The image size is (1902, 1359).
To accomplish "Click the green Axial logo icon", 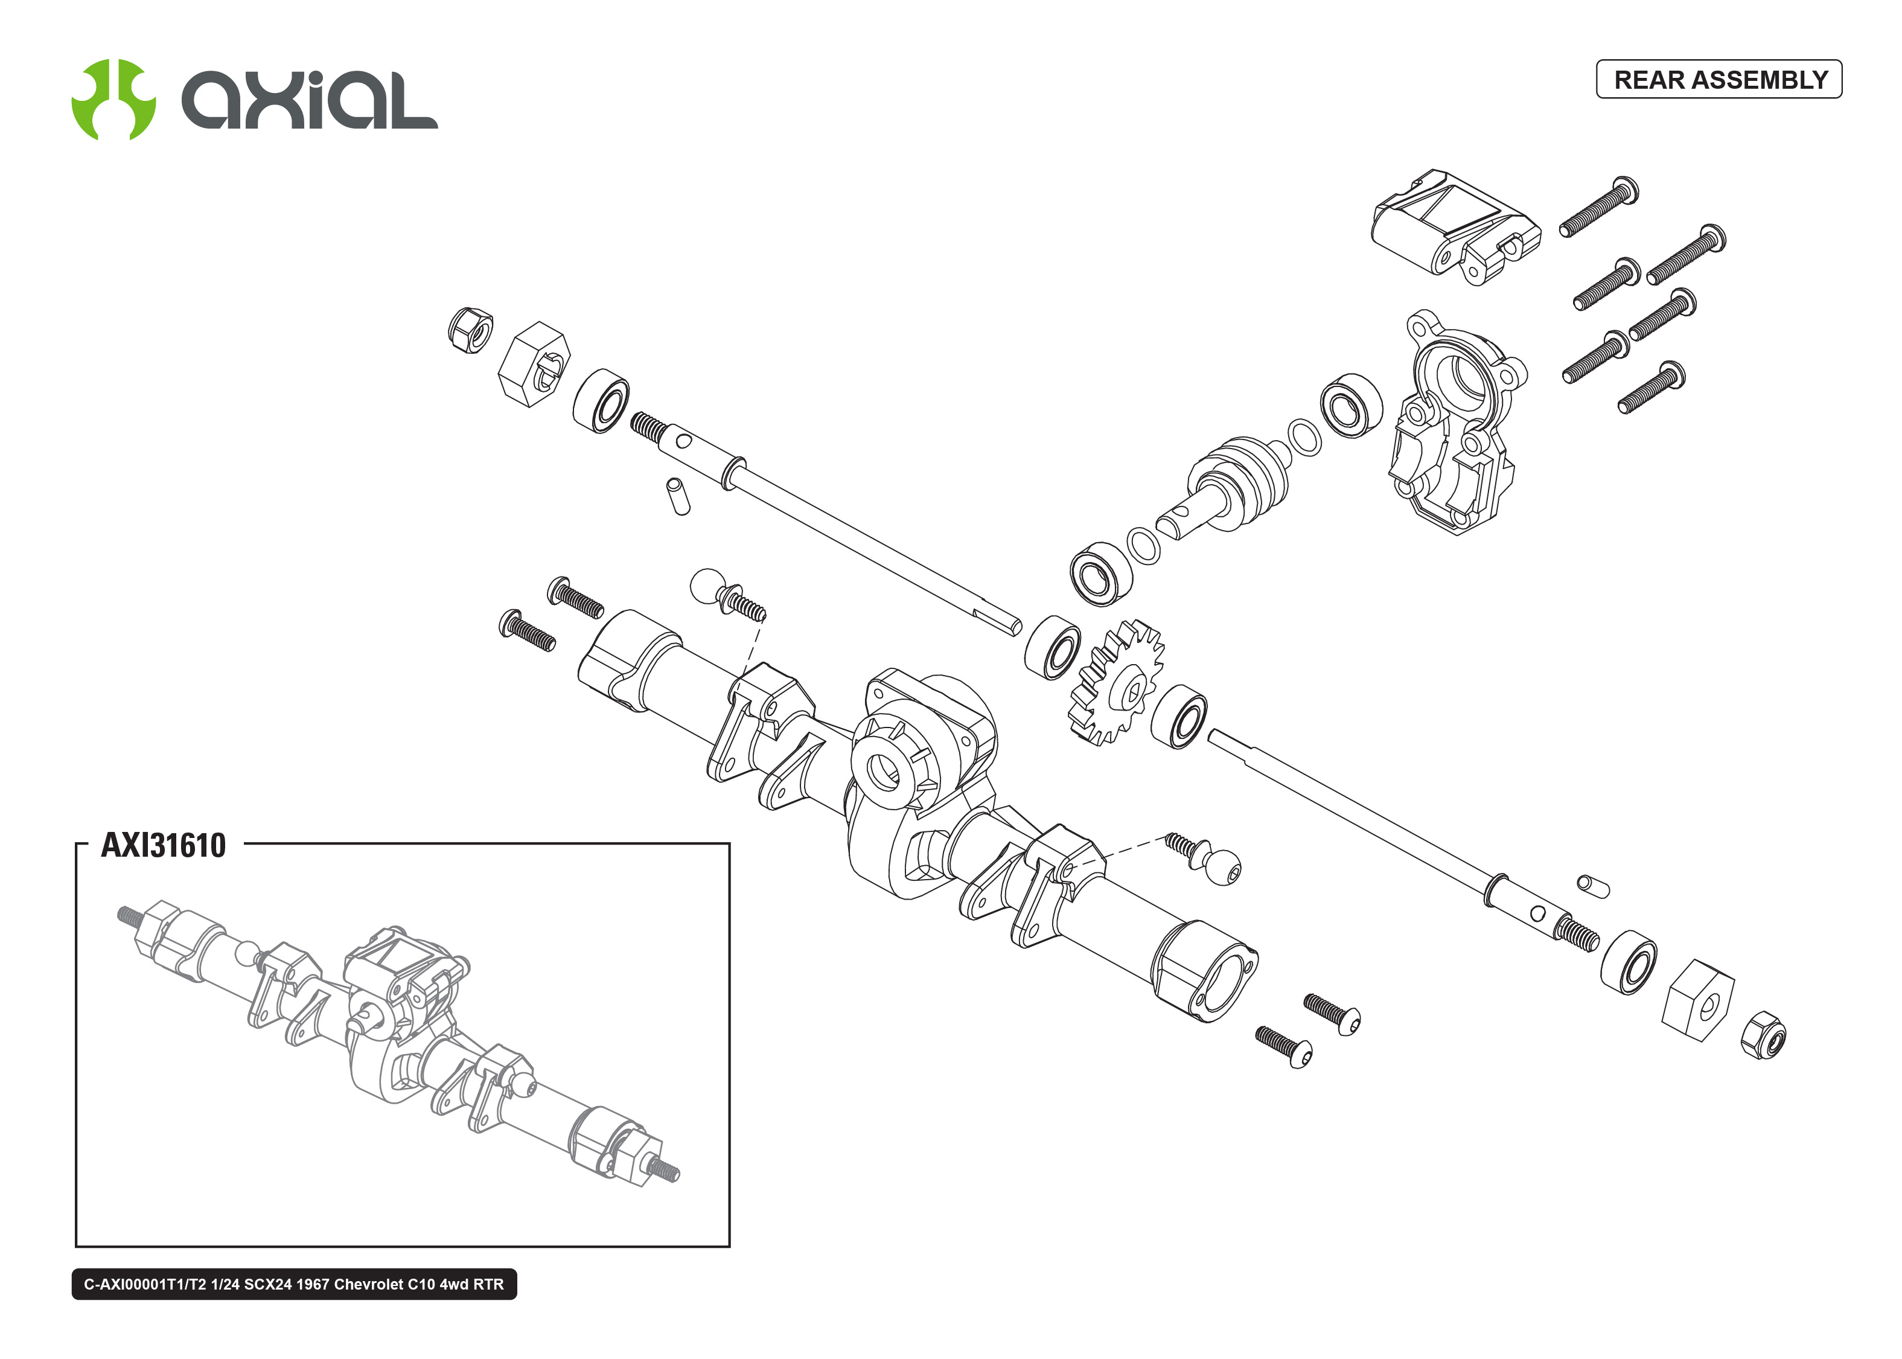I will tap(113, 100).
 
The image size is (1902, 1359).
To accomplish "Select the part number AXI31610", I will tap(163, 845).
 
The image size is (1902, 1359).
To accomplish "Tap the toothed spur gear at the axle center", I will tap(1117, 682).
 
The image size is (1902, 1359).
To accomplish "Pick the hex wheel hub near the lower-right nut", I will tap(1698, 999).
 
